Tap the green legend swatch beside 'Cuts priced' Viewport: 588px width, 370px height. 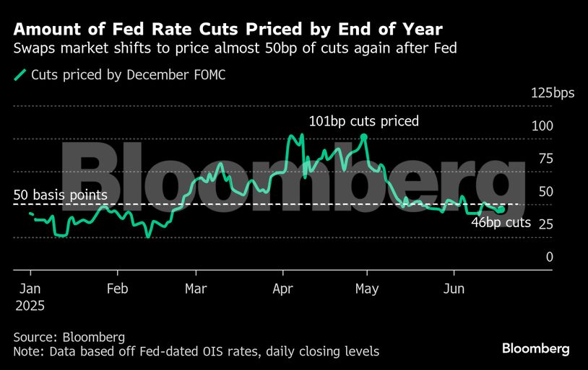pyautogui.click(x=21, y=74)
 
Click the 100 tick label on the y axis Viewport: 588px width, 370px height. pyautogui.click(x=542, y=126)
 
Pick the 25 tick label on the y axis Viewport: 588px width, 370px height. pyautogui.click(x=545, y=224)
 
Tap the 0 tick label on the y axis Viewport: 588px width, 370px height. pyautogui.click(x=549, y=257)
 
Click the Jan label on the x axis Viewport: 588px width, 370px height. pyautogui.click(x=30, y=289)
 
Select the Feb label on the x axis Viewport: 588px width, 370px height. pyautogui.click(x=117, y=289)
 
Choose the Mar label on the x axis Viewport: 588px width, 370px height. pyautogui.click(x=196, y=289)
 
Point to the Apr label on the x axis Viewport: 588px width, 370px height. pyautogui.click(x=283, y=289)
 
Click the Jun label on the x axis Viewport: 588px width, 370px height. pyautogui.click(x=454, y=289)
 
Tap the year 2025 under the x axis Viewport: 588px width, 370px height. pyautogui.click(x=29, y=305)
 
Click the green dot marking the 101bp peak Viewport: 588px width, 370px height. pyautogui.click(x=364, y=136)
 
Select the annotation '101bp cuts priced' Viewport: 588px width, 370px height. pyautogui.click(x=363, y=121)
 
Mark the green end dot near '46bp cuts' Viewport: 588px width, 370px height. pyautogui.click(x=501, y=209)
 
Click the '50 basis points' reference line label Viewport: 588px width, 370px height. pyautogui.click(x=61, y=195)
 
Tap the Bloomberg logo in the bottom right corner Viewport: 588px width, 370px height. pyautogui.click(x=535, y=348)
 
